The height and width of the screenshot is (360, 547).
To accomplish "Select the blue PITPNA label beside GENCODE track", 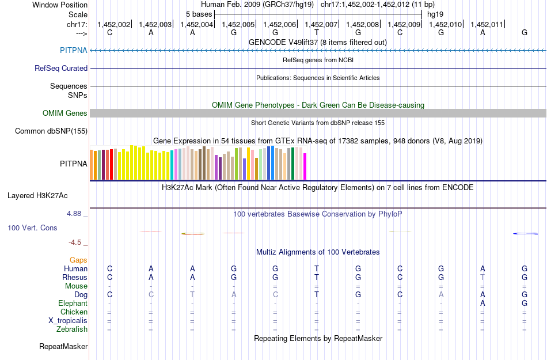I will tap(74, 50).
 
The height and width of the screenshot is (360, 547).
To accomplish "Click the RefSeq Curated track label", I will tap(61, 68).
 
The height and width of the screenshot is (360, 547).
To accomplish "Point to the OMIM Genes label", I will tap(65, 113).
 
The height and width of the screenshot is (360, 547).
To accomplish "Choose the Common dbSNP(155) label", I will tap(51, 131).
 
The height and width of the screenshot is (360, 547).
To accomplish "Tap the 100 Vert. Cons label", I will tap(32, 228).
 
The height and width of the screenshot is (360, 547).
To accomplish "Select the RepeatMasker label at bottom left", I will tap(63, 347).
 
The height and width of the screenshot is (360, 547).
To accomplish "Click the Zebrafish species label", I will tap(73, 329).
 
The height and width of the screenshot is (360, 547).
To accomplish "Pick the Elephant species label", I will tap(73, 303).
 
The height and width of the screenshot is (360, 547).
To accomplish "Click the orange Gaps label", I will tap(78, 260).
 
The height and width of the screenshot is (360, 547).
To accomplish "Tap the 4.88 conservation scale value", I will tap(77, 214).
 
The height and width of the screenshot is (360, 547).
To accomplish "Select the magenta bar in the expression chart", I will tap(305, 166).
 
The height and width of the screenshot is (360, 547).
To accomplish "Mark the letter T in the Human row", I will tap(316, 268).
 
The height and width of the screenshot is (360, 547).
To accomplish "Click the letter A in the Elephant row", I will tap(483, 303).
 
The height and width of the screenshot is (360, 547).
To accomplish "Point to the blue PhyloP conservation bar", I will tap(525, 233).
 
